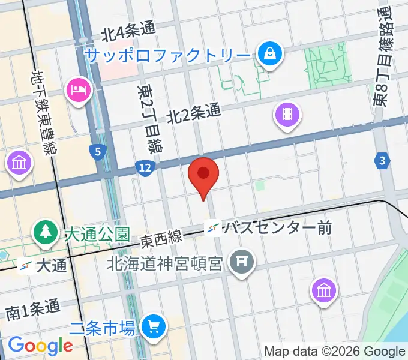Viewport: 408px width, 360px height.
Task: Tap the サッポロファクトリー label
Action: (167, 56)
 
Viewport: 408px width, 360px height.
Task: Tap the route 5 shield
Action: (97, 152)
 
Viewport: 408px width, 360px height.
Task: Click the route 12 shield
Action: (143, 169)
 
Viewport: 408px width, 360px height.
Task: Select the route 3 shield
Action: (382, 160)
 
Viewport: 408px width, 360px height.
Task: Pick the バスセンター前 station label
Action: (277, 228)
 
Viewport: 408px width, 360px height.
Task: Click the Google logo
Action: (40, 345)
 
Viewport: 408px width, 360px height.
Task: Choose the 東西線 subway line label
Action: (161, 239)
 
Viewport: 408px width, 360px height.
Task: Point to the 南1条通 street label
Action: (34, 309)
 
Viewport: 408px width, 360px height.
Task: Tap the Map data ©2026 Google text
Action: (335, 351)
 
